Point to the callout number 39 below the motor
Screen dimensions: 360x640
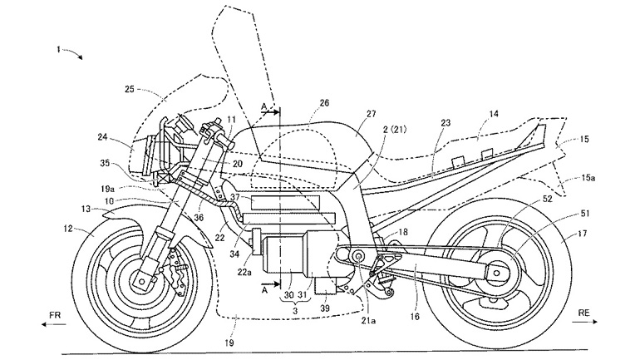[x=323, y=308]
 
